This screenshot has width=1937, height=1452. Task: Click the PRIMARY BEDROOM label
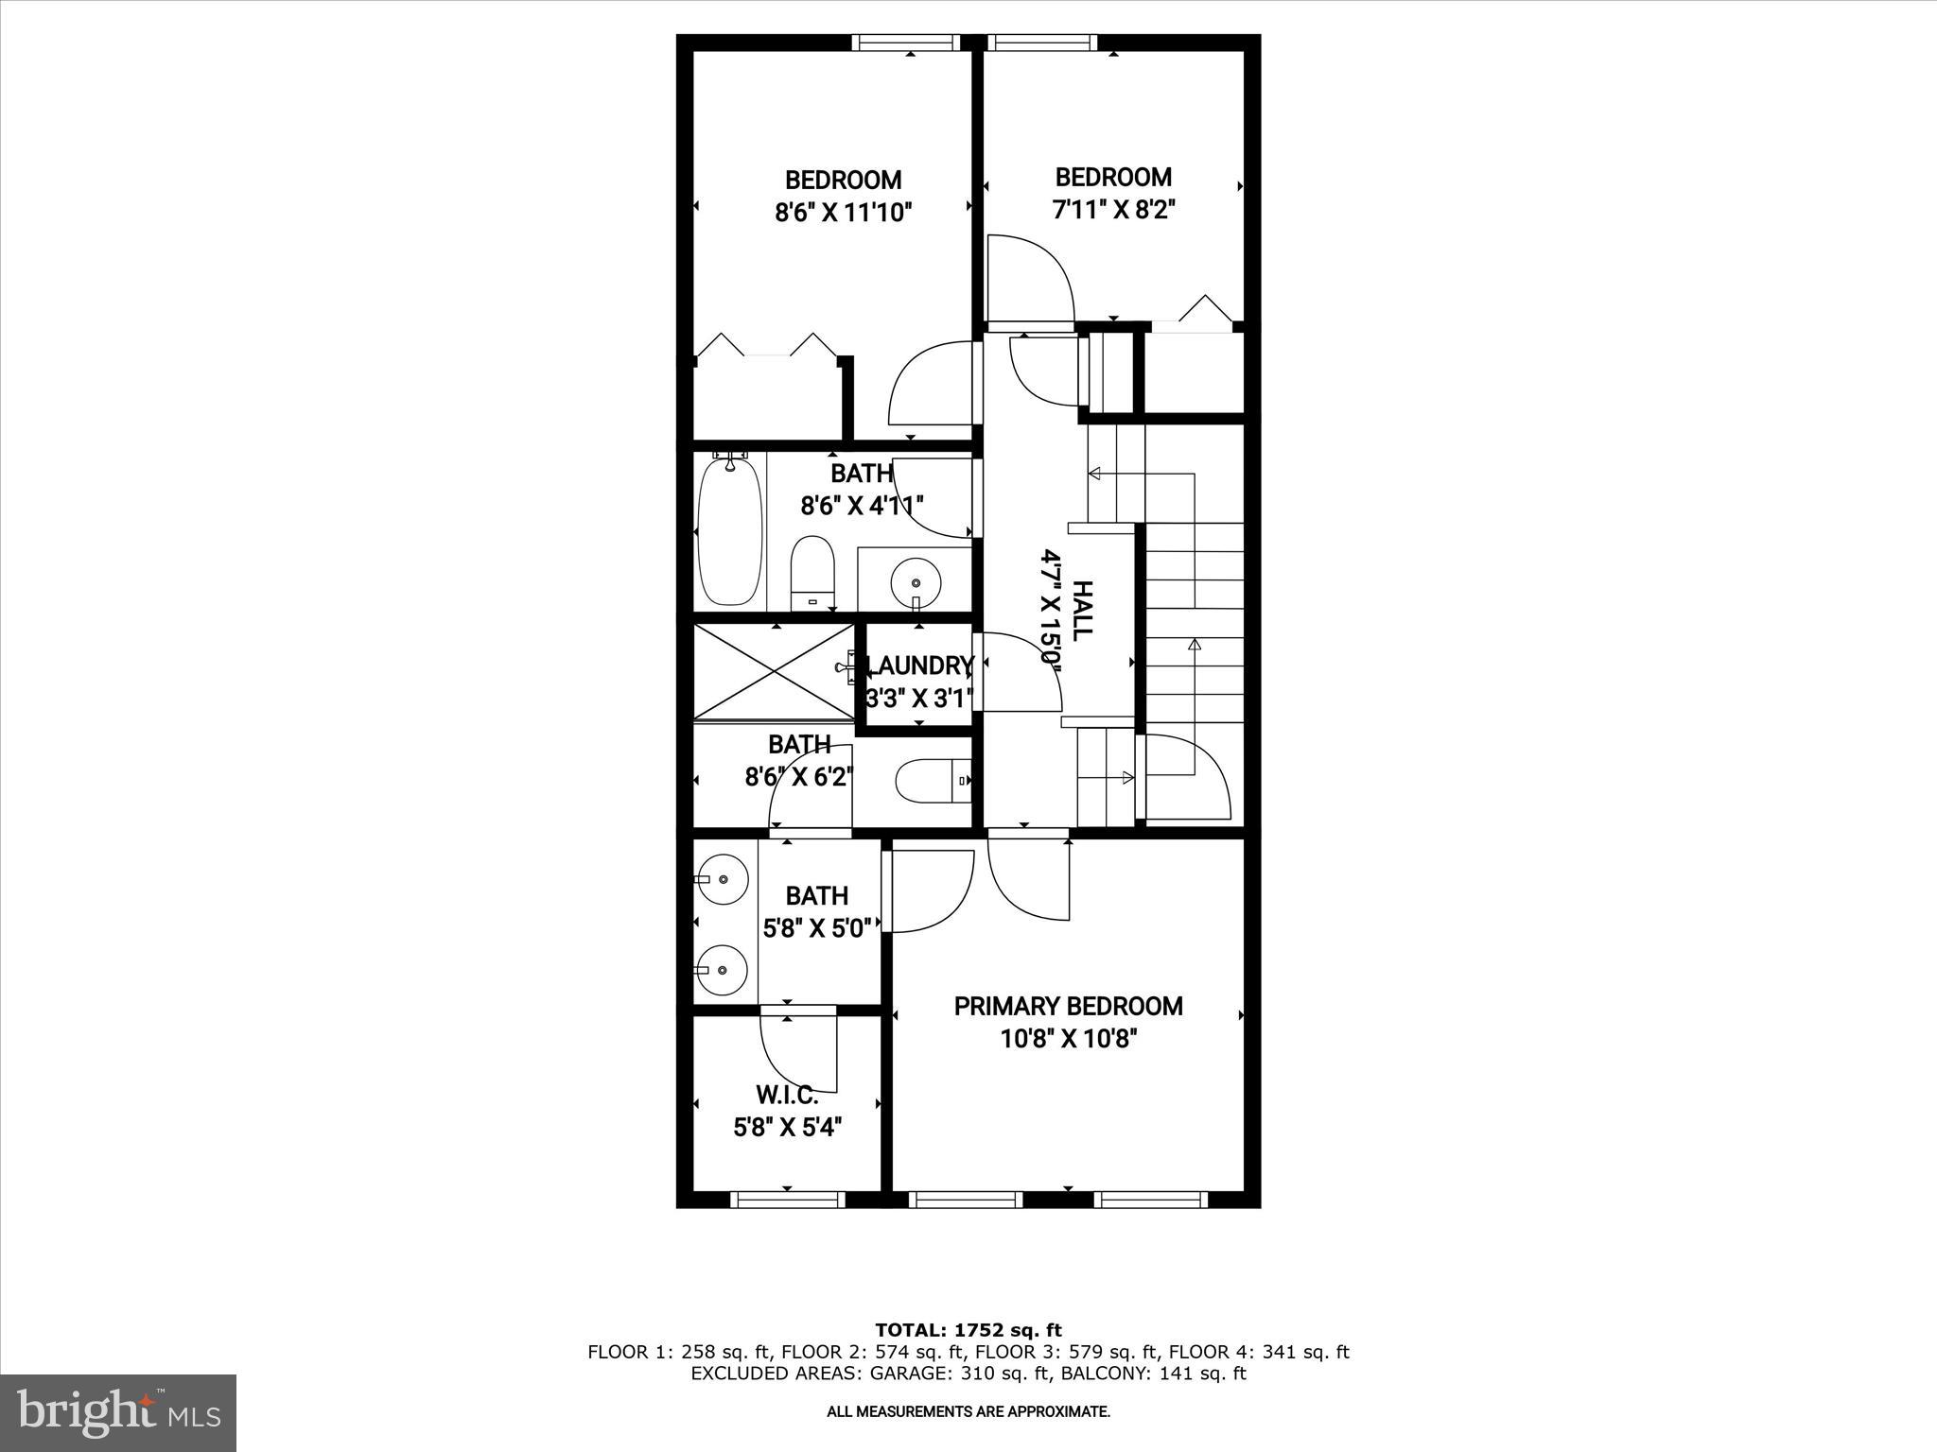click(x=1068, y=1006)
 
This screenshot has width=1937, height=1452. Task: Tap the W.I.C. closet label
click(x=786, y=1096)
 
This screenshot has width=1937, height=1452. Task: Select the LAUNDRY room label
click(x=919, y=666)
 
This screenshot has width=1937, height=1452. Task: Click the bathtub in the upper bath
click(x=730, y=532)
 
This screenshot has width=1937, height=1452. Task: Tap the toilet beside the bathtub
click(x=812, y=573)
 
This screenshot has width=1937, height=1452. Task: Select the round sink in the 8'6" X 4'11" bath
click(x=916, y=578)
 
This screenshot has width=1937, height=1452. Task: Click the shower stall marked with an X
click(x=775, y=671)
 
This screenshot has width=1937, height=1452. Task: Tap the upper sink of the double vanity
click(x=723, y=879)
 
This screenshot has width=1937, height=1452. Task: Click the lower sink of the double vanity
click(x=723, y=970)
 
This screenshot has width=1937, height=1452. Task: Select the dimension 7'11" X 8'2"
click(x=1113, y=210)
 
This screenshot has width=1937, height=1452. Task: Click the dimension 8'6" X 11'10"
click(x=843, y=213)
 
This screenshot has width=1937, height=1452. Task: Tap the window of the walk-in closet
click(x=787, y=1200)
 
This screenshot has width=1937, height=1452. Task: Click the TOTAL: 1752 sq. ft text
click(x=968, y=1330)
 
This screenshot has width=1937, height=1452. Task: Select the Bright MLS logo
click(x=118, y=1412)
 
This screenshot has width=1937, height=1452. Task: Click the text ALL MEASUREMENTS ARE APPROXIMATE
click(x=968, y=1412)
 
